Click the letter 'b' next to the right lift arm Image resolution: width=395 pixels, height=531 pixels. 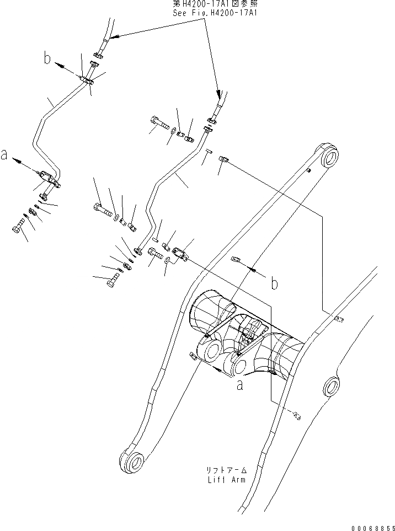point(274,283)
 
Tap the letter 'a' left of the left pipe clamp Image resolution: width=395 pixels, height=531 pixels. point(5,156)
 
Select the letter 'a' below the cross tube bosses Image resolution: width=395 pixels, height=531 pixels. point(239,385)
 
